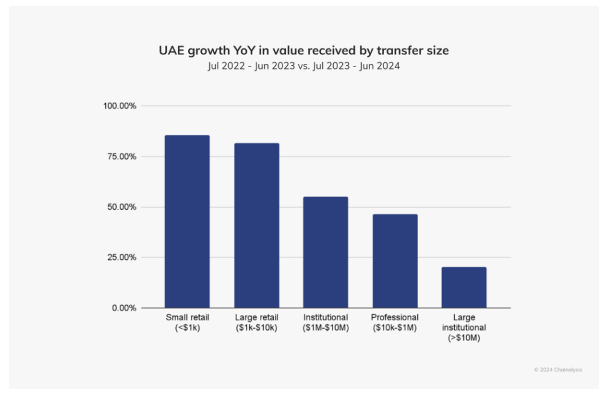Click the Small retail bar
(x=187, y=222)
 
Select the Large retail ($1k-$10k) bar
(x=256, y=225)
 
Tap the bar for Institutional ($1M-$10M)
(x=325, y=252)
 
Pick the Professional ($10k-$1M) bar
(x=394, y=261)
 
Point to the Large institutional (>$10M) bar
(x=464, y=287)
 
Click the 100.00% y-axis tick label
(x=121, y=106)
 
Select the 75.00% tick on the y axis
(x=123, y=157)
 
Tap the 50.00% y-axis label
(x=123, y=207)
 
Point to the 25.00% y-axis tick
(x=123, y=257)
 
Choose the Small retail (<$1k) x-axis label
(x=187, y=322)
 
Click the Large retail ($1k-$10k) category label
(x=256, y=322)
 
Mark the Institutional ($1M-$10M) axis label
(x=325, y=322)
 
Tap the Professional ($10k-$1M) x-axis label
(x=394, y=322)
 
